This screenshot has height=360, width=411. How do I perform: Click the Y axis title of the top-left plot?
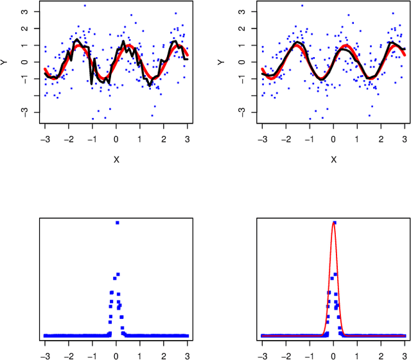[x=6, y=62]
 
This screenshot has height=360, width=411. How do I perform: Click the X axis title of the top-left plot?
[x=116, y=160]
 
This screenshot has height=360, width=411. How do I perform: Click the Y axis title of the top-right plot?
[x=223, y=62]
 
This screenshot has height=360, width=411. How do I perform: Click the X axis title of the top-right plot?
[x=333, y=160]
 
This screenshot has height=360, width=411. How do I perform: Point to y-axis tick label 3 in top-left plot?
[x=24, y=12]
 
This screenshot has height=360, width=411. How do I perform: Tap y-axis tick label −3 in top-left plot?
[x=24, y=112]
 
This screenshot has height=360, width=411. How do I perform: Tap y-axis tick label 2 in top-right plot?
[x=241, y=29]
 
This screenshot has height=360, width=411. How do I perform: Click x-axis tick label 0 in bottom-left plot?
[x=116, y=354]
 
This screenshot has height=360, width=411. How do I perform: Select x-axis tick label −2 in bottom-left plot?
[x=69, y=354]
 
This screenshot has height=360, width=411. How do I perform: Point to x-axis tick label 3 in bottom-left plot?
[x=188, y=354]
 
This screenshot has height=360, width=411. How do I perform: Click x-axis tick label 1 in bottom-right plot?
[x=357, y=354]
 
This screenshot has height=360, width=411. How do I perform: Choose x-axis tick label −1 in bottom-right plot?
[x=310, y=354]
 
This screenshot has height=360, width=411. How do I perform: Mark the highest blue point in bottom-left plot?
[x=117, y=223]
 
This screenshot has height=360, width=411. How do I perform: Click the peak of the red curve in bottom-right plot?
[x=333, y=223]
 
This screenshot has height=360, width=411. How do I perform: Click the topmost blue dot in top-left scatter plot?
[x=85, y=6]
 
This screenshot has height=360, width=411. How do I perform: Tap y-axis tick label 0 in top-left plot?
[x=24, y=62]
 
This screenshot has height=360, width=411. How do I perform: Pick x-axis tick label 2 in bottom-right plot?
[x=381, y=354]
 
